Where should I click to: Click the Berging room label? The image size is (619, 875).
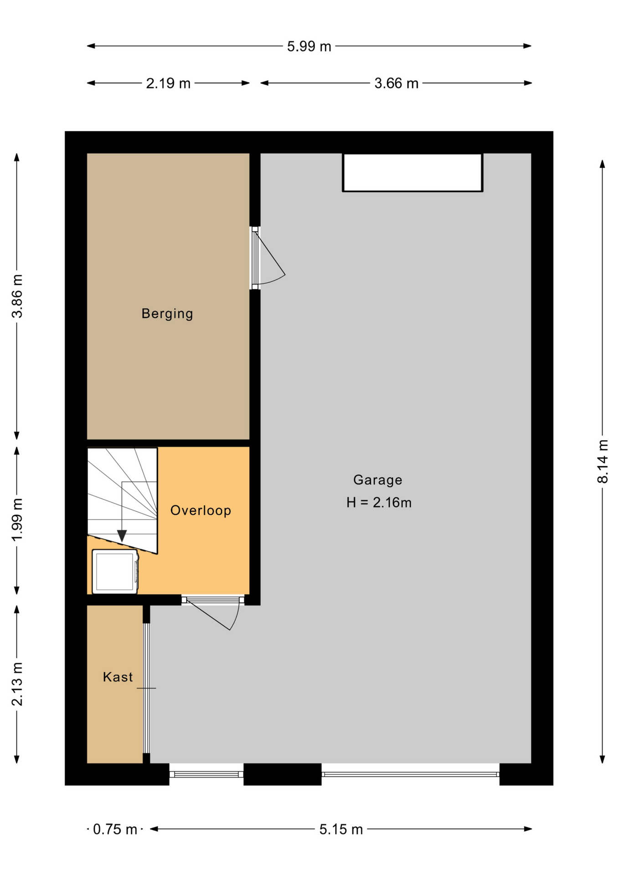tap(167, 314)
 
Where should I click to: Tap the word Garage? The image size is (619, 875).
tap(378, 480)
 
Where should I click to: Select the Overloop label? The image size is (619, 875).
tap(201, 510)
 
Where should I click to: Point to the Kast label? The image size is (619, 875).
tap(118, 677)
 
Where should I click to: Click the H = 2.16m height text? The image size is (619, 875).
tap(379, 503)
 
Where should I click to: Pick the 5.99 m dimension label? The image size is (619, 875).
tap(309, 46)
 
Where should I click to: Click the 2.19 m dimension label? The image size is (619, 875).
tap(168, 83)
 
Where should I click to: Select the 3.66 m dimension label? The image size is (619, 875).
tap(396, 83)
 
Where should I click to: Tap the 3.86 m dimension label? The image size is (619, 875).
tap(17, 296)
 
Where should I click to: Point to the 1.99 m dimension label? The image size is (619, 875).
tap(17, 520)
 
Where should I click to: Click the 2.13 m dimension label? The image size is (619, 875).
tap(17, 684)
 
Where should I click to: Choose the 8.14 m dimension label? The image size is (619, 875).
tap(603, 461)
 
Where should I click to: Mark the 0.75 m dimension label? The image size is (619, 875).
tap(115, 829)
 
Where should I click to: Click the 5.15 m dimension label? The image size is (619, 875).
tap(341, 829)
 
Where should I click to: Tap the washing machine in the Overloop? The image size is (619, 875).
tap(115, 572)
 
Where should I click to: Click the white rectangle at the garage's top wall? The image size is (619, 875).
tap(413, 172)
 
